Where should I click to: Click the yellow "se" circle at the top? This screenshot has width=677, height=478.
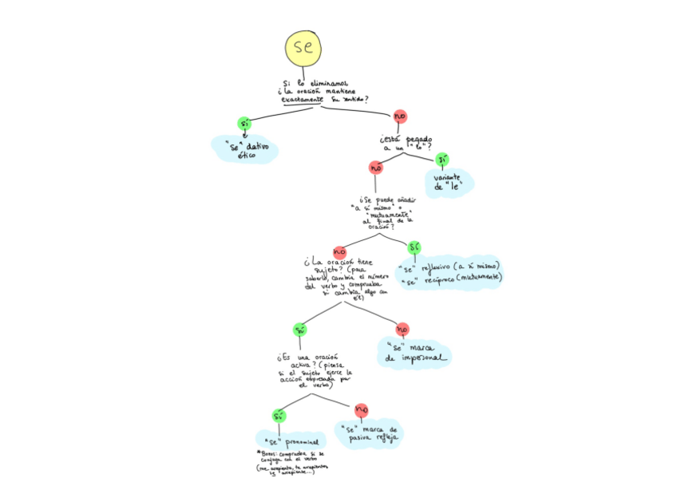(x=304, y=47)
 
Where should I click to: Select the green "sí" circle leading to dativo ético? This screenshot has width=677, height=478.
(x=244, y=124)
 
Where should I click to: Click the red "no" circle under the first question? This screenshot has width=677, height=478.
(x=400, y=117)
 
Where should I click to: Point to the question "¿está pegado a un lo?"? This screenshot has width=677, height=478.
(x=406, y=144)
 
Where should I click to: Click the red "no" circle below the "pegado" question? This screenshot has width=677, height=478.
(x=375, y=168)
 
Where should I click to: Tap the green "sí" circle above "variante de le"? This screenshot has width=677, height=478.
(x=441, y=158)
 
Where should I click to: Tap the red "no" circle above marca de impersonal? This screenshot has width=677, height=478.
(x=402, y=329)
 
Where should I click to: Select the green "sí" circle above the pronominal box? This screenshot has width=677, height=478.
(x=279, y=416)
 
